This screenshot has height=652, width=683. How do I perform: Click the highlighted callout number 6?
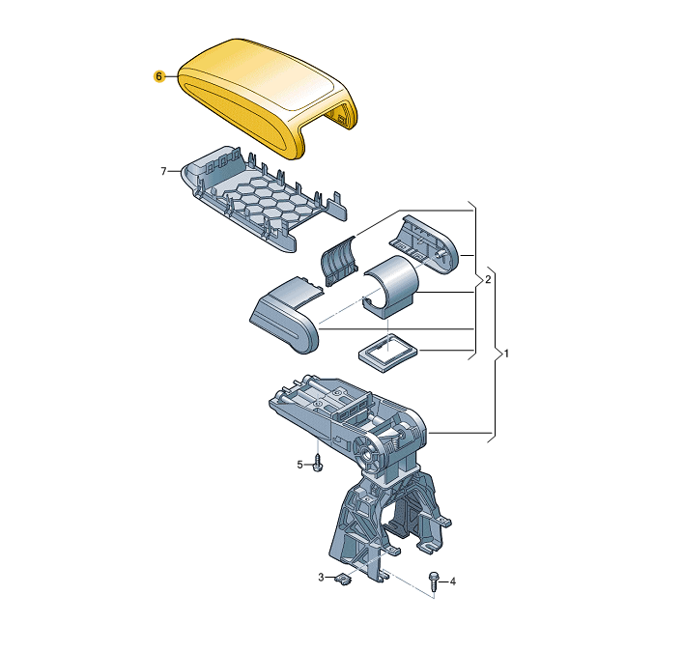(159, 76)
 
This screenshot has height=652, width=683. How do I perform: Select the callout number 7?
(164, 171)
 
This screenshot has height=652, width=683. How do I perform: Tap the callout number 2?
(488, 279)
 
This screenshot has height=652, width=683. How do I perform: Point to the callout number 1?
(506, 354)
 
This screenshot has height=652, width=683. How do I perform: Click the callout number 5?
(299, 465)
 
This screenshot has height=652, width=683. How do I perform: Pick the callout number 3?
(321, 577)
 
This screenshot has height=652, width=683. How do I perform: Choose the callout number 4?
(453, 581)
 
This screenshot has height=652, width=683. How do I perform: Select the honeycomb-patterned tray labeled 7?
(265, 198)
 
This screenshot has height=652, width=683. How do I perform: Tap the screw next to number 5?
(318, 463)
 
